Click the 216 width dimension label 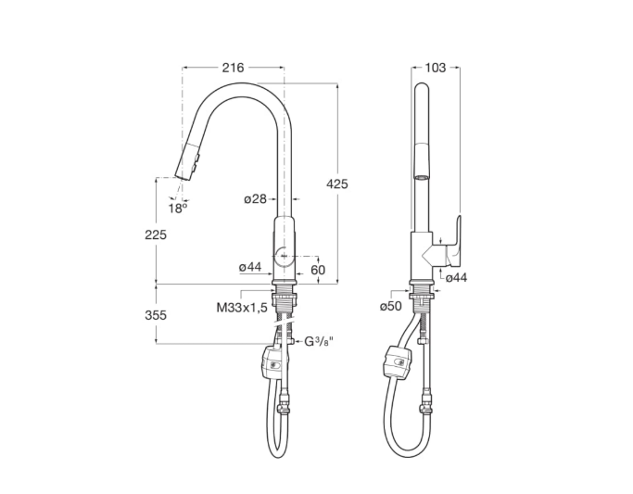(x=234, y=68)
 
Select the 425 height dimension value (x=336, y=184)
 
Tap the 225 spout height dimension (x=156, y=234)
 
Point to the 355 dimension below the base (x=156, y=315)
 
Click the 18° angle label (x=178, y=209)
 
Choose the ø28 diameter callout (x=255, y=198)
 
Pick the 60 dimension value (x=318, y=270)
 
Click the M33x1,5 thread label (x=242, y=308)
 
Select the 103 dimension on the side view (x=436, y=68)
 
